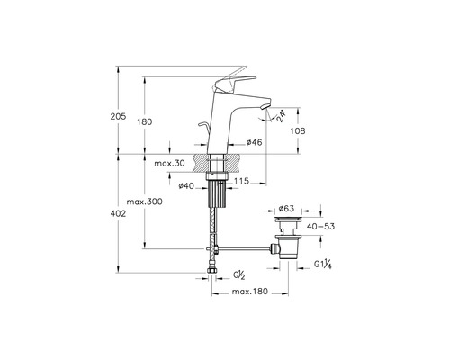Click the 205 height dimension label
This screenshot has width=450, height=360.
(118, 116)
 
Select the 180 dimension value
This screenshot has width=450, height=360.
(145, 122)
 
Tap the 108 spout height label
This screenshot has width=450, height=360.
(298, 130)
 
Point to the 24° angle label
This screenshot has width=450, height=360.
(280, 117)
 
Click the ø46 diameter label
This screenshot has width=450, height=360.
(255, 142)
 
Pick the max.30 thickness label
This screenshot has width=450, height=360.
(169, 164)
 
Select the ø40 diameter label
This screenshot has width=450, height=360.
(186, 186)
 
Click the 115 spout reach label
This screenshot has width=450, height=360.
(241, 181)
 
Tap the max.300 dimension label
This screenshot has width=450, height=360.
(144, 202)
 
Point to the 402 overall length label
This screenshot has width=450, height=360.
(118, 213)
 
